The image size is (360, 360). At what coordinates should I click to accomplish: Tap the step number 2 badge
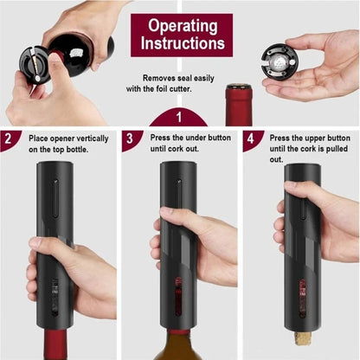click(x=8, y=138)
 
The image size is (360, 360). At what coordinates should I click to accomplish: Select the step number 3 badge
click(x=128, y=138)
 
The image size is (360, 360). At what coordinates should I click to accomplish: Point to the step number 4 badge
click(x=249, y=138)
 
